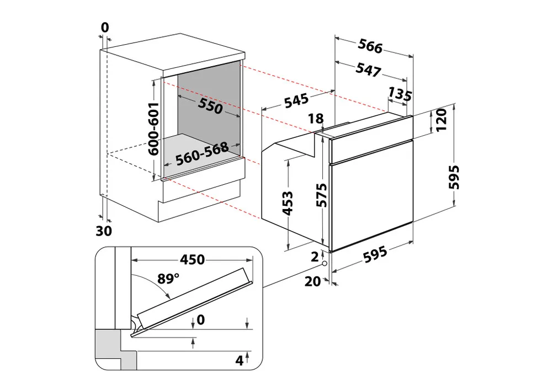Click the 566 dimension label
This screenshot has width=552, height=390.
point(370,47)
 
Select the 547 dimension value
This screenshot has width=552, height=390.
point(369,70)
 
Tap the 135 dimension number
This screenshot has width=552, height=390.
point(400,94)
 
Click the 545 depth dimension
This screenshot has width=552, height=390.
point(296,101)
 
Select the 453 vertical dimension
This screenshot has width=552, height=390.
point(287,202)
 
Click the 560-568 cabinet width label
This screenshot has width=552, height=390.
point(202,155)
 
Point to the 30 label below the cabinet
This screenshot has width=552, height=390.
point(103,231)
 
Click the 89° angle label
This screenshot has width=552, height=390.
point(168,279)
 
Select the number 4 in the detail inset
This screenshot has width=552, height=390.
point(239,361)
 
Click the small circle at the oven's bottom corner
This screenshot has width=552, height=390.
point(324,264)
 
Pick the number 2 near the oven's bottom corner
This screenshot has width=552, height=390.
point(314,256)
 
